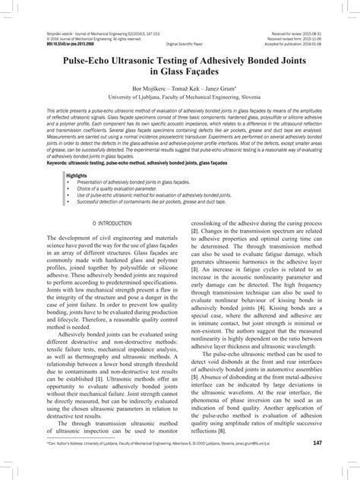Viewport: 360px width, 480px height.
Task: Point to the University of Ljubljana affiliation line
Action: point(180,99)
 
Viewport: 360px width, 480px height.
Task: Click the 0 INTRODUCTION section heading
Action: point(111,225)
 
